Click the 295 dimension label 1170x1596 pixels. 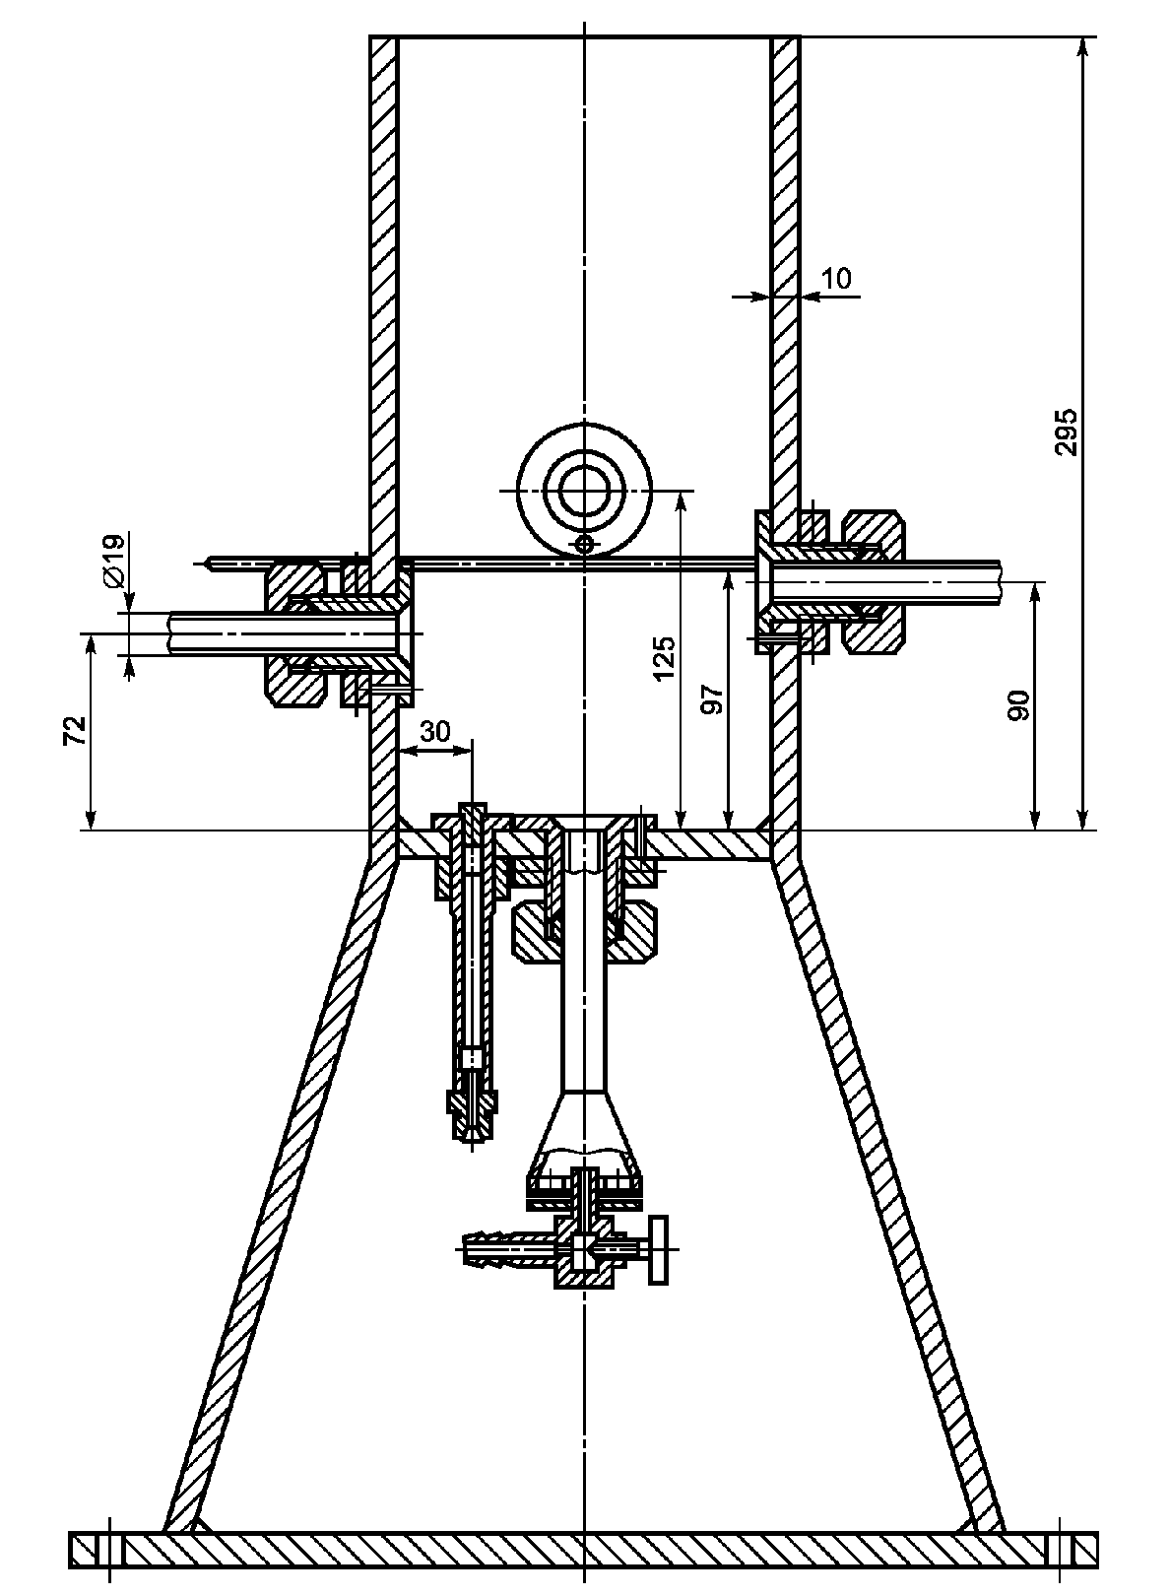[1066, 432]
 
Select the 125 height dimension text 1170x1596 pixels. [664, 657]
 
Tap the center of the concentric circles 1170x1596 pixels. [585, 490]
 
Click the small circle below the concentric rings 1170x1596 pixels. [585, 543]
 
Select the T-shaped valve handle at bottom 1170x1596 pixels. [657, 1249]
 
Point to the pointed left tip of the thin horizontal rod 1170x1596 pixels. [201, 564]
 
